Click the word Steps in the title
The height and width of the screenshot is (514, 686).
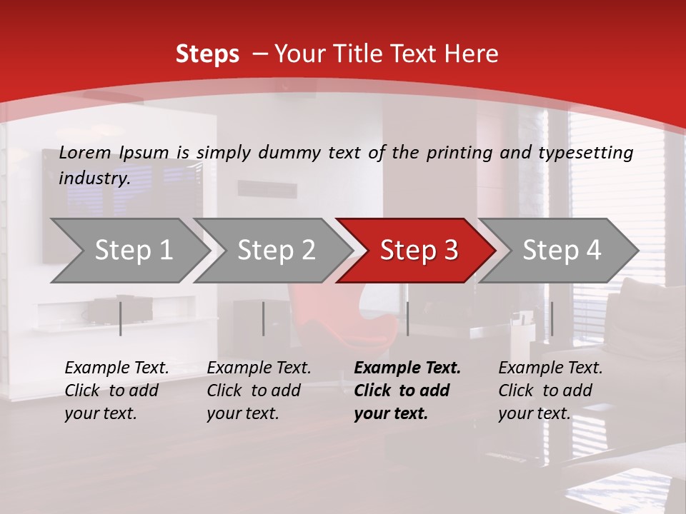pyautogui.click(x=207, y=54)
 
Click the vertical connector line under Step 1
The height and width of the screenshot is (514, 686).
pyautogui.click(x=121, y=318)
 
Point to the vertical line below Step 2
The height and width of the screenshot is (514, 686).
pyautogui.click(x=264, y=318)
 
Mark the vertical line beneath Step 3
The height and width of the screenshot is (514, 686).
pyautogui.click(x=407, y=318)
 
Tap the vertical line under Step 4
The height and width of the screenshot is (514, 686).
pyautogui.click(x=552, y=318)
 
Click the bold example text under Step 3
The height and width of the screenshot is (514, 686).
pyautogui.click(x=407, y=390)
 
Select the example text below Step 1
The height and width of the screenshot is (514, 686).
pyautogui.click(x=116, y=390)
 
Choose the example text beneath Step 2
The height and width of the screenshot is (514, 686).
pyautogui.click(x=259, y=390)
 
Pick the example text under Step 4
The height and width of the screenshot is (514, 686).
pyautogui.click(x=550, y=390)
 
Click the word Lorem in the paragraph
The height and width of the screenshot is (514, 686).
pyautogui.click(x=85, y=153)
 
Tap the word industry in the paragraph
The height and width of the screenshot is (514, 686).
pyautogui.click(x=94, y=178)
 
